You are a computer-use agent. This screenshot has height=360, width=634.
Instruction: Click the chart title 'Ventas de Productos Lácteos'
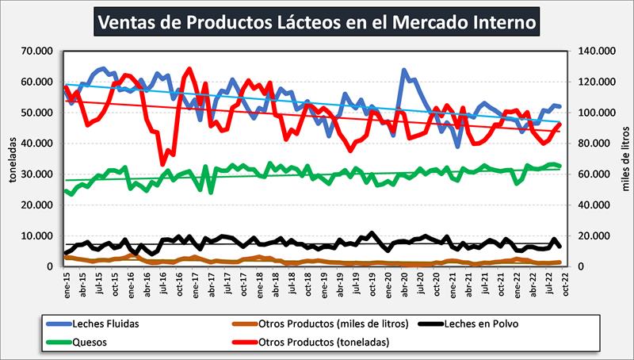pyautogui.click(x=316, y=22)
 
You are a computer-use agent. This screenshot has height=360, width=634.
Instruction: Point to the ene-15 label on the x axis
pyautogui.click(x=67, y=283)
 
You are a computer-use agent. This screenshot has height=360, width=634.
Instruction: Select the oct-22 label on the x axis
pyautogui.click(x=565, y=283)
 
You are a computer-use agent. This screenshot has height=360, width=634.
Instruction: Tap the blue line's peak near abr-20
pyautogui.click(x=404, y=71)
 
